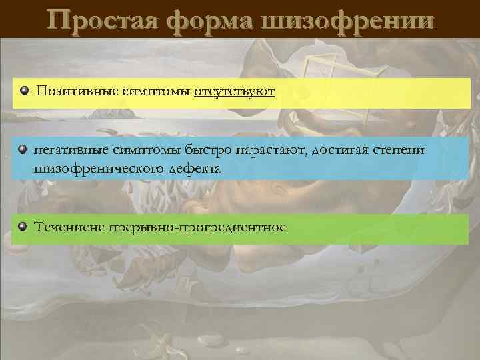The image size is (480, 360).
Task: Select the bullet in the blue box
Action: pos(23,150)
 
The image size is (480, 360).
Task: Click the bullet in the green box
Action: pos(23,227)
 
